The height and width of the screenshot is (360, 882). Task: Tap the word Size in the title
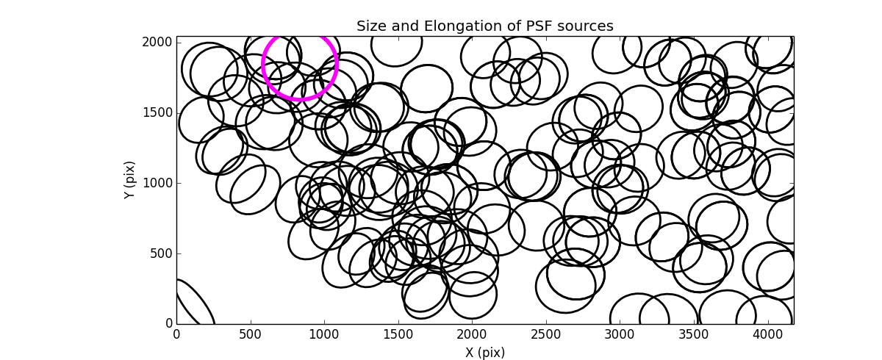click(373, 26)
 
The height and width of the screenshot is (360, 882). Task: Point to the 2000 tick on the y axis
click(158, 43)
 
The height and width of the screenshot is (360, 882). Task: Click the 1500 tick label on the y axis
click(158, 112)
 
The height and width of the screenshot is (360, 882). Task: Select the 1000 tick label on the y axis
click(158, 183)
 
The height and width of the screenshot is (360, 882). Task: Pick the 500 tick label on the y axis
click(161, 253)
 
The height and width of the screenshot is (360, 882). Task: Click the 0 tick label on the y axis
click(168, 324)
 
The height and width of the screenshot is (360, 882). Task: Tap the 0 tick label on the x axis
click(176, 334)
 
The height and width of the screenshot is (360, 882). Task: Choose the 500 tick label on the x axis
click(251, 334)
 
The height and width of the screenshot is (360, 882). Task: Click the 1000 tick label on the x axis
click(324, 334)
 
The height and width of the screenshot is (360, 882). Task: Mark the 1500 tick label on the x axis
click(398, 334)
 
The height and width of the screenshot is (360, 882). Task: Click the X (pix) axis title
click(485, 352)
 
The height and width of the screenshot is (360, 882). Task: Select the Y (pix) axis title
click(129, 180)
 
